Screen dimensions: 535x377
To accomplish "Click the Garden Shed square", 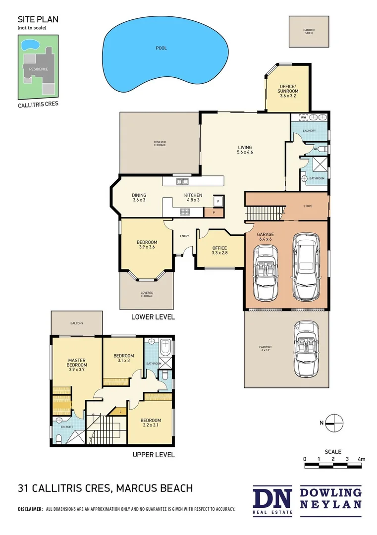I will click(x=309, y=31).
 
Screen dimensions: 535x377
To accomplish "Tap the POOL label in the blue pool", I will click(x=161, y=48).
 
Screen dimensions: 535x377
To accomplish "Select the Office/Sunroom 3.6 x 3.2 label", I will click(x=288, y=92).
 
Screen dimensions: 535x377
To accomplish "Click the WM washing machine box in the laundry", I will click(x=304, y=117).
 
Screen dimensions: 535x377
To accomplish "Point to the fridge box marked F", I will click(x=217, y=202).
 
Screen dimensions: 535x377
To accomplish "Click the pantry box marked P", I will click(x=214, y=212).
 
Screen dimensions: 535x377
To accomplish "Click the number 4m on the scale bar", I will click(x=362, y=459).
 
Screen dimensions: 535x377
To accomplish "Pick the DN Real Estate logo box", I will click(x=273, y=498).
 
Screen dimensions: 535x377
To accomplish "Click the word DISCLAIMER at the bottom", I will click(x=30, y=509).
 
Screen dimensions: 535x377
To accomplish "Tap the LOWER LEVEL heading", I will click(x=153, y=317).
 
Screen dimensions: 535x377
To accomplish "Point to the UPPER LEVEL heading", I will click(x=153, y=454).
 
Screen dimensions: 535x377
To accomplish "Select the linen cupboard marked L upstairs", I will click(x=121, y=411).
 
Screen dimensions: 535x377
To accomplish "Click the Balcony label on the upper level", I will click(x=76, y=323).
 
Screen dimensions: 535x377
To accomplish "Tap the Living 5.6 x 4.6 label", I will click(x=245, y=150).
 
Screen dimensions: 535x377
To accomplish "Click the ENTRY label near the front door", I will click(x=184, y=236).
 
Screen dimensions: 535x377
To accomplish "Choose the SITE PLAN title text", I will click(x=38, y=19).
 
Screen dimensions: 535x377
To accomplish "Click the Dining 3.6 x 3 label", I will click(x=139, y=197).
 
